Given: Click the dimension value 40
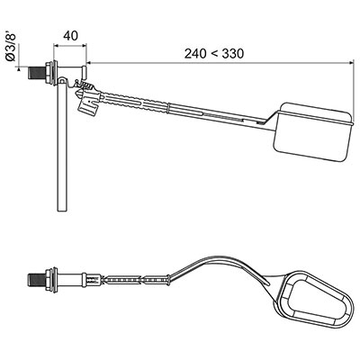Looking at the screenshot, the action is point(70,35).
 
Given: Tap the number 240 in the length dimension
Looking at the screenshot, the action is point(195,54).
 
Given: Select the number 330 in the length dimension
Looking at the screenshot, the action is point(233,54).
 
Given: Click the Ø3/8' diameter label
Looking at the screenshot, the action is point(11,47).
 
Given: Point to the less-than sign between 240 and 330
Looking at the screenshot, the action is point(214,54).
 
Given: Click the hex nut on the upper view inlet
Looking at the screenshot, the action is point(48,73).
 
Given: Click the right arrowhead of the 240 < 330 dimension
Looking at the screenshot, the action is point(351,63).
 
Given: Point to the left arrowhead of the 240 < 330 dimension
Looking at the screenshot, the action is point(90,63).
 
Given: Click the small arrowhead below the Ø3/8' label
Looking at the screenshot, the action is point(19,69).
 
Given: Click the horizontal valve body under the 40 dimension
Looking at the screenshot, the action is point(71,72).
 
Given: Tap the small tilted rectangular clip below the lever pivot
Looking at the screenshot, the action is point(88,106).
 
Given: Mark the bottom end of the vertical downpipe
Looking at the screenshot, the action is point(62,211).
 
